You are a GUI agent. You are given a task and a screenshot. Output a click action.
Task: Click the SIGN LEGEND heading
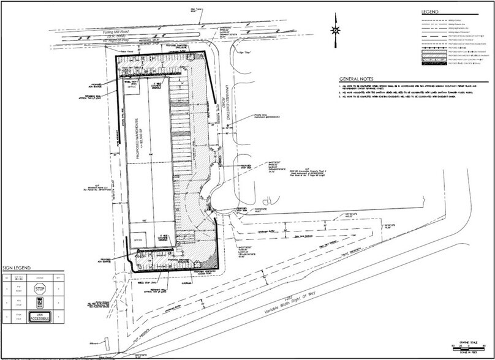pos(17,268)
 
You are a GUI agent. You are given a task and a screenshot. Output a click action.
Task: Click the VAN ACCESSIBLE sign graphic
pos(40,317)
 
